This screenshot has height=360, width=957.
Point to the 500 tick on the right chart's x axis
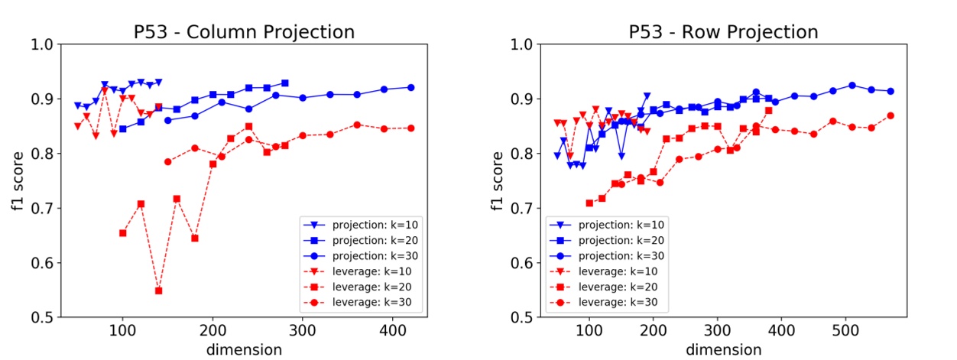pyautogui.click(x=845, y=332)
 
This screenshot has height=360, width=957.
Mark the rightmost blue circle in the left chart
pyautogui.click(x=411, y=87)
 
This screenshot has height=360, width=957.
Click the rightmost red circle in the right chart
pyautogui.click(x=890, y=115)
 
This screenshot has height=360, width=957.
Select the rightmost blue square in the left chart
pyautogui.click(x=284, y=83)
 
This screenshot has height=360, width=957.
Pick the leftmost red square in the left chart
pyautogui.click(x=123, y=232)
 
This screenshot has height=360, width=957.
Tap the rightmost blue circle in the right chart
pyautogui.click(x=890, y=91)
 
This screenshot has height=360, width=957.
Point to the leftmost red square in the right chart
pyautogui.click(x=589, y=203)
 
